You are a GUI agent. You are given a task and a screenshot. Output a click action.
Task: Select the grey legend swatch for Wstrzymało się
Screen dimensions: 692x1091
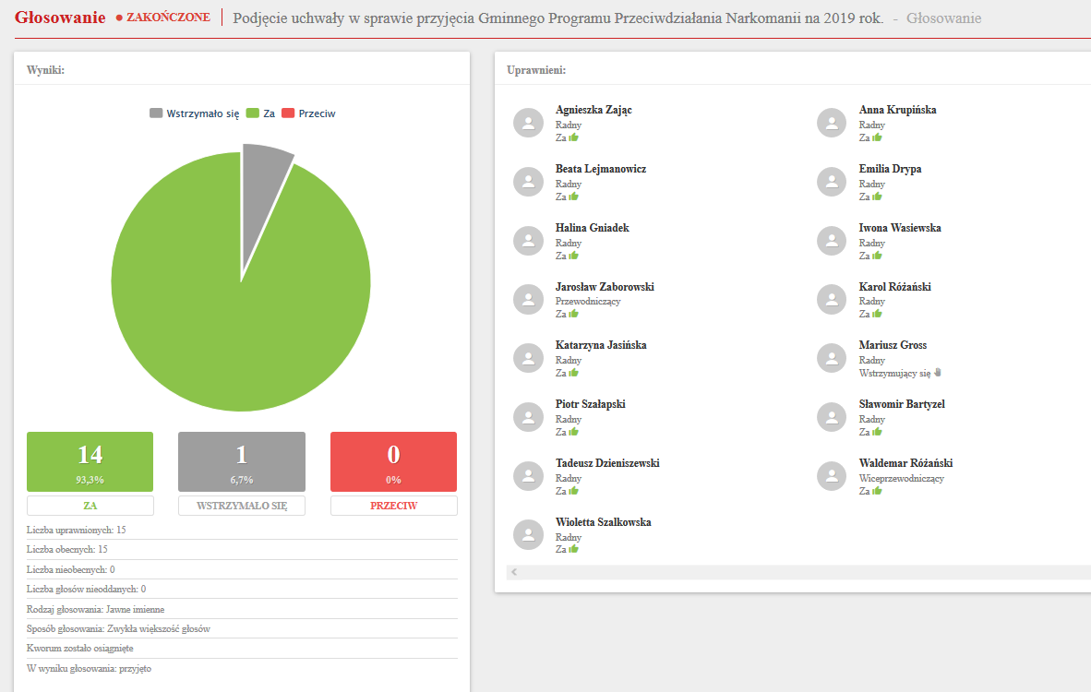[x=156, y=113]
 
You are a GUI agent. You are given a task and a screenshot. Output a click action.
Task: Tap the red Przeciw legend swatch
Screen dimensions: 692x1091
[x=288, y=113]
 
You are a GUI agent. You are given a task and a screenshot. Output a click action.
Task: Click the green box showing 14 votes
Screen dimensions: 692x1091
[x=90, y=461]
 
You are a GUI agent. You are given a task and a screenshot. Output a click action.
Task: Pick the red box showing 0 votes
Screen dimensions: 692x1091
[x=393, y=461]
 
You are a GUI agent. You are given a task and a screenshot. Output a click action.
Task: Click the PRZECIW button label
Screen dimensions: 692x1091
[x=393, y=506]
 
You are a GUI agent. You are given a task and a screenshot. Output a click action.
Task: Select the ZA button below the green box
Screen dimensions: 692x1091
[x=90, y=506]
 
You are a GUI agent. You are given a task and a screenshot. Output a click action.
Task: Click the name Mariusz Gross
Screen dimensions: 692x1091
[x=893, y=345]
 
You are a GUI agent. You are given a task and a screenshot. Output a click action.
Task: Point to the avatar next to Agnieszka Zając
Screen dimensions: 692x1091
[x=528, y=123]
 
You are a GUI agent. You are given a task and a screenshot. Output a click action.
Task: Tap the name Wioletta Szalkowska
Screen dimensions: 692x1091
[x=603, y=522]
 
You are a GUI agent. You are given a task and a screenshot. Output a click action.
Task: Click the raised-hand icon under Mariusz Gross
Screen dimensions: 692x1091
[x=936, y=373]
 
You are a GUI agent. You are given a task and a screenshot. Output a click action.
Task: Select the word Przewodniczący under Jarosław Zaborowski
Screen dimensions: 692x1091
[x=588, y=302]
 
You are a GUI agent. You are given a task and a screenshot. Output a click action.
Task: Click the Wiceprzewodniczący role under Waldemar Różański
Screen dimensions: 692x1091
[x=901, y=478]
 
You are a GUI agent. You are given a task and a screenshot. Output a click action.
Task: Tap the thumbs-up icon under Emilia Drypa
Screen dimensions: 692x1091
[x=877, y=197]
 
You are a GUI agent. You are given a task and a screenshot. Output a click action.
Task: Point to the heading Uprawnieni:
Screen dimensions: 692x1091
[x=536, y=70]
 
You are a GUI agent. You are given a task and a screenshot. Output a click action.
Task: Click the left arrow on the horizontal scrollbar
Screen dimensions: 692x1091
[x=514, y=572]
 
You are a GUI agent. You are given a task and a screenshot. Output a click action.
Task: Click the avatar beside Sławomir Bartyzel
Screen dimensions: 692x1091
[x=832, y=417]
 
